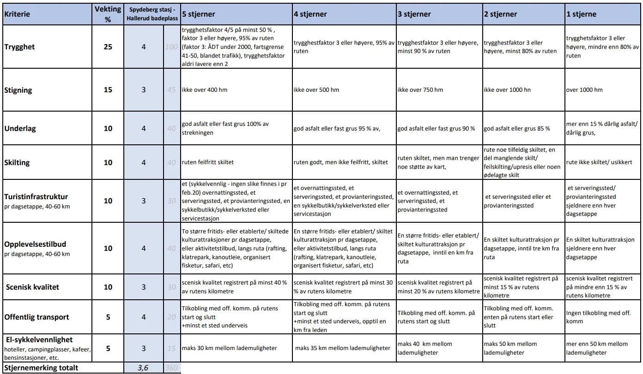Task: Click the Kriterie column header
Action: (17, 14)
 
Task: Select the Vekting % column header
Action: (108, 14)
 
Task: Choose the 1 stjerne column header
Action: (581, 14)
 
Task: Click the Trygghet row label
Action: (19, 47)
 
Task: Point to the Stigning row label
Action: (18, 90)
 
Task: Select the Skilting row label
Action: (17, 162)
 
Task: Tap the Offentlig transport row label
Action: (37, 317)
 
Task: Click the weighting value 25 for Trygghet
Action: (108, 47)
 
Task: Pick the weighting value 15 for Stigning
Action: (108, 90)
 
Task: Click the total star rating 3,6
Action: (143, 368)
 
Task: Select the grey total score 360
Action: (171, 368)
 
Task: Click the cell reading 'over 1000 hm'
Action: (584, 90)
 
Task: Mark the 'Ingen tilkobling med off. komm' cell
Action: (598, 317)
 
